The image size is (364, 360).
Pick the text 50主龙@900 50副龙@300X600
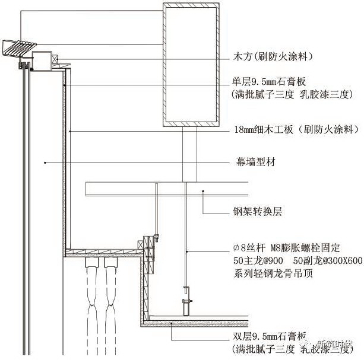pyautogui.click(x=297, y=260)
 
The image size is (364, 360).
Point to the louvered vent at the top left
pyautogui.click(x=20, y=46)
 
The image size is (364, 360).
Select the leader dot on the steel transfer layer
pyautogui.click(x=203, y=191)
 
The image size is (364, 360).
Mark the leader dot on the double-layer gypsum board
pyautogui.click(x=172, y=323)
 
